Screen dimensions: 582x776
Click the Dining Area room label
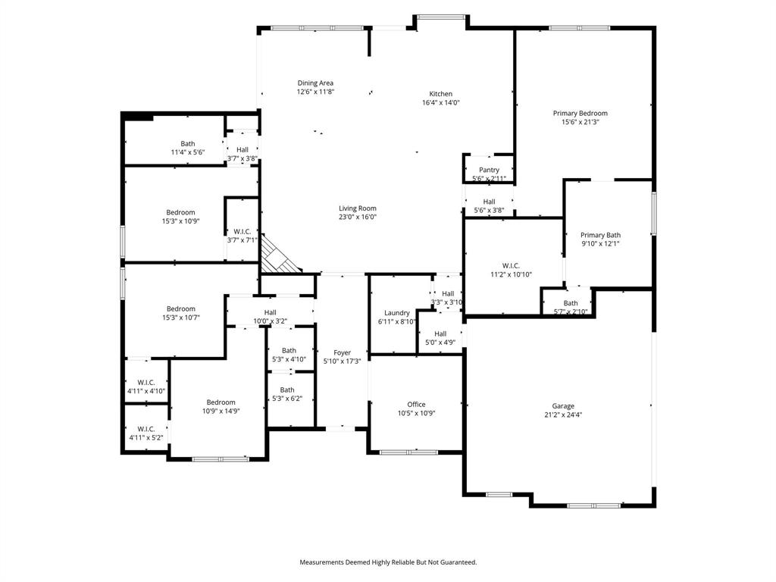click(315, 83)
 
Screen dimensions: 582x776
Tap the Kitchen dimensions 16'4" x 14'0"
click(440, 102)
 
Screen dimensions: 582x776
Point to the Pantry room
click(489, 171)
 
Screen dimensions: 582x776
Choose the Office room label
click(416, 405)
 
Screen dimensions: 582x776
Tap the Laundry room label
click(396, 313)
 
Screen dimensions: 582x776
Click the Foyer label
click(343, 353)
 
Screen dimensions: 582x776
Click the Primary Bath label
click(600, 236)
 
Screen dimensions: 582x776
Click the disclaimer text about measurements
click(388, 562)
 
